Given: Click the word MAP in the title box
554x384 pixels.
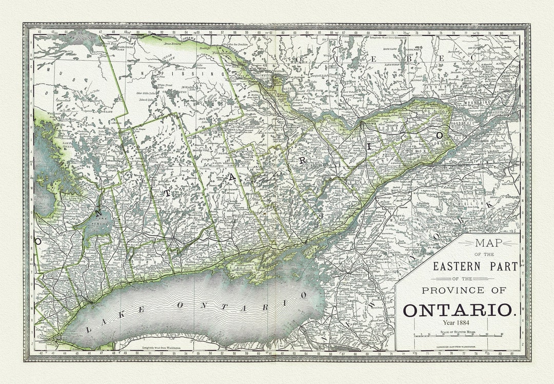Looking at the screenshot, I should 489,243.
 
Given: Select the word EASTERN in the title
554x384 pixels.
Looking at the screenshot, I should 457,266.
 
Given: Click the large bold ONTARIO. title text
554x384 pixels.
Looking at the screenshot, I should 459,310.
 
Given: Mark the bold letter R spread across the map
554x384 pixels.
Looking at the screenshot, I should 303,160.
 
